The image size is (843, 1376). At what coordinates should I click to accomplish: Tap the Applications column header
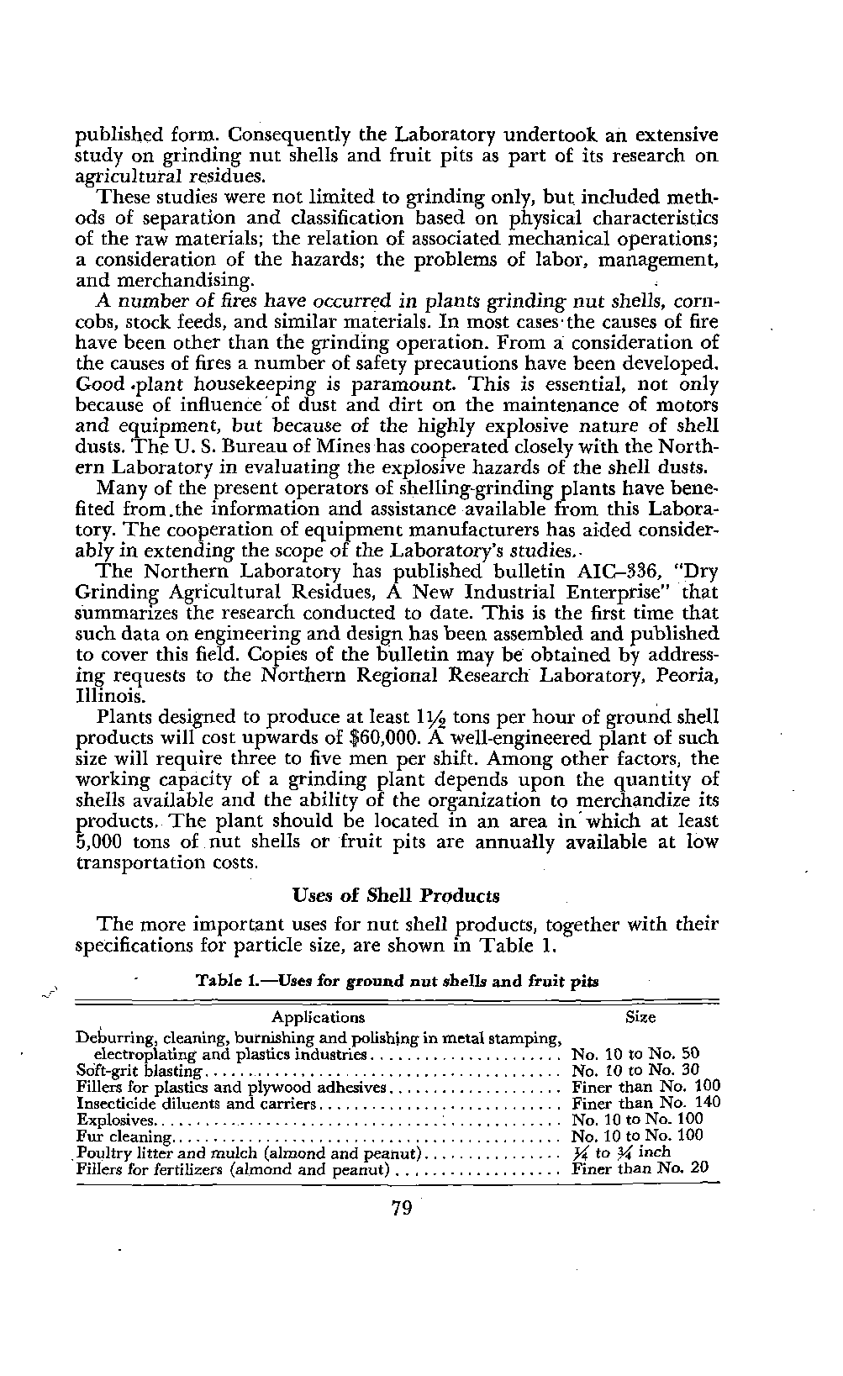click(319, 1018)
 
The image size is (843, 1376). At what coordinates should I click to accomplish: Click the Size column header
click(641, 1017)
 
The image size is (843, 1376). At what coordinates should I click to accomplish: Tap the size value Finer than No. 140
click(646, 1103)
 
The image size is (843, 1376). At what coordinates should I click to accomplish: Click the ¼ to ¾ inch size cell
click(621, 1152)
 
